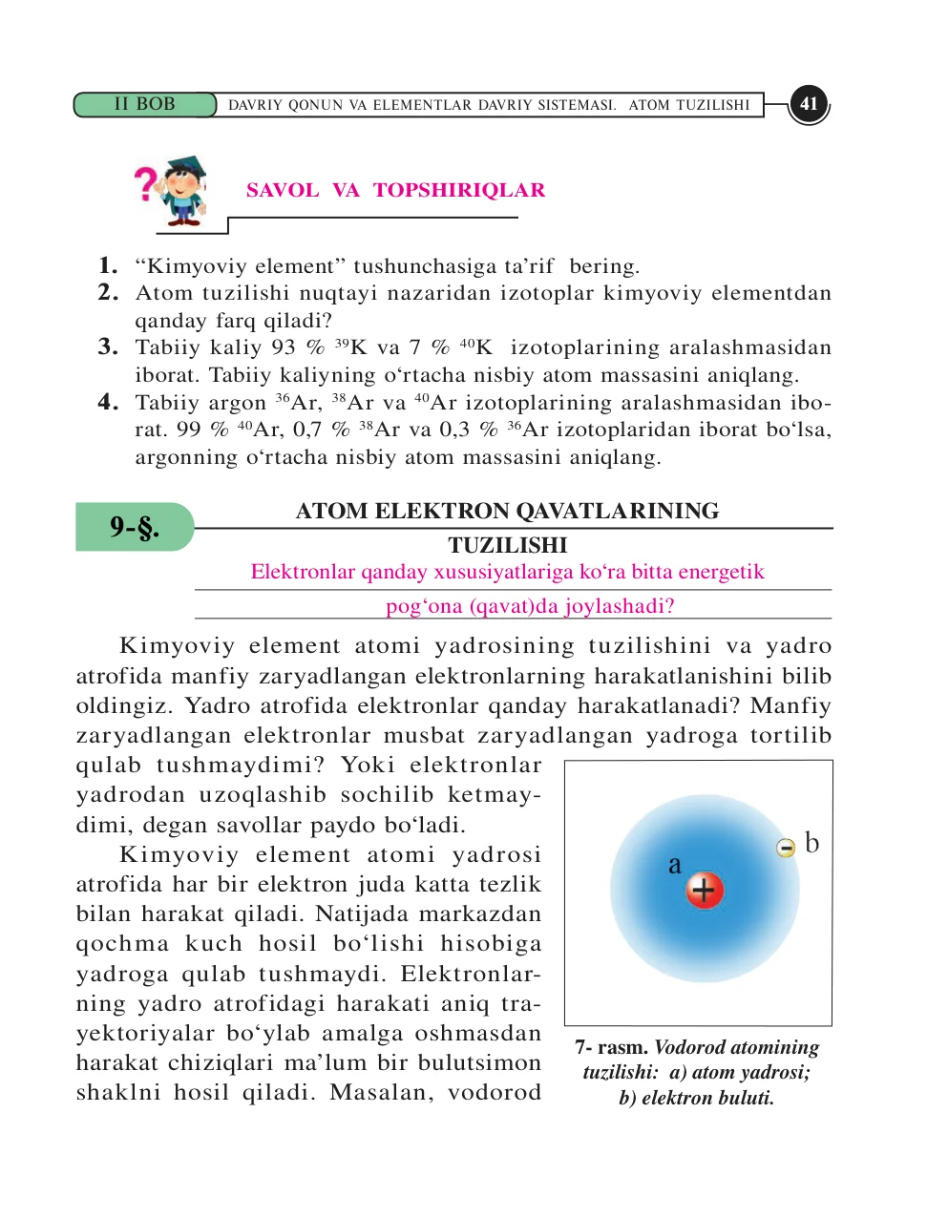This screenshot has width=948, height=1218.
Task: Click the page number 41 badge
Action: pos(809,104)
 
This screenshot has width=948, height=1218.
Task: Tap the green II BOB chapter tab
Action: pos(145,104)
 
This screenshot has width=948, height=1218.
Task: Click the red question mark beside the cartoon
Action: pos(145,183)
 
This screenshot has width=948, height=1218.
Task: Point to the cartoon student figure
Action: pos(182,191)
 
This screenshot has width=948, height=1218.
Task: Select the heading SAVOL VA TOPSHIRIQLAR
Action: pos(395,190)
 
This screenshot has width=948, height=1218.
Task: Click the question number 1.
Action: pos(108,265)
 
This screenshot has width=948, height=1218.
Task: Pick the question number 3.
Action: pos(108,346)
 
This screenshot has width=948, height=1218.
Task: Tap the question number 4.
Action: pos(108,402)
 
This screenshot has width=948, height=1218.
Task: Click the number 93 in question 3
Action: pos(284,347)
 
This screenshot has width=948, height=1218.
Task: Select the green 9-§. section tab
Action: pos(134,527)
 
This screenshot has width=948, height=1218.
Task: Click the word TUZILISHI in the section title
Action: pos(508,545)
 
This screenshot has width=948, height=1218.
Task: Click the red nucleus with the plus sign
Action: pos(705,891)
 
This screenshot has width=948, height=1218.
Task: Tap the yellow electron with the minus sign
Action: pos(786,848)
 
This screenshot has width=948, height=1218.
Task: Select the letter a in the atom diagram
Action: pos(675,865)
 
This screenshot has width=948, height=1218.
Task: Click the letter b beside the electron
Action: pos(811,843)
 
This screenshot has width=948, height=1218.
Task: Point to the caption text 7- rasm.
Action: pos(611,1047)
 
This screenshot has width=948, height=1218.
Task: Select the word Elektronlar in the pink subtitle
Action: pos(302,572)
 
